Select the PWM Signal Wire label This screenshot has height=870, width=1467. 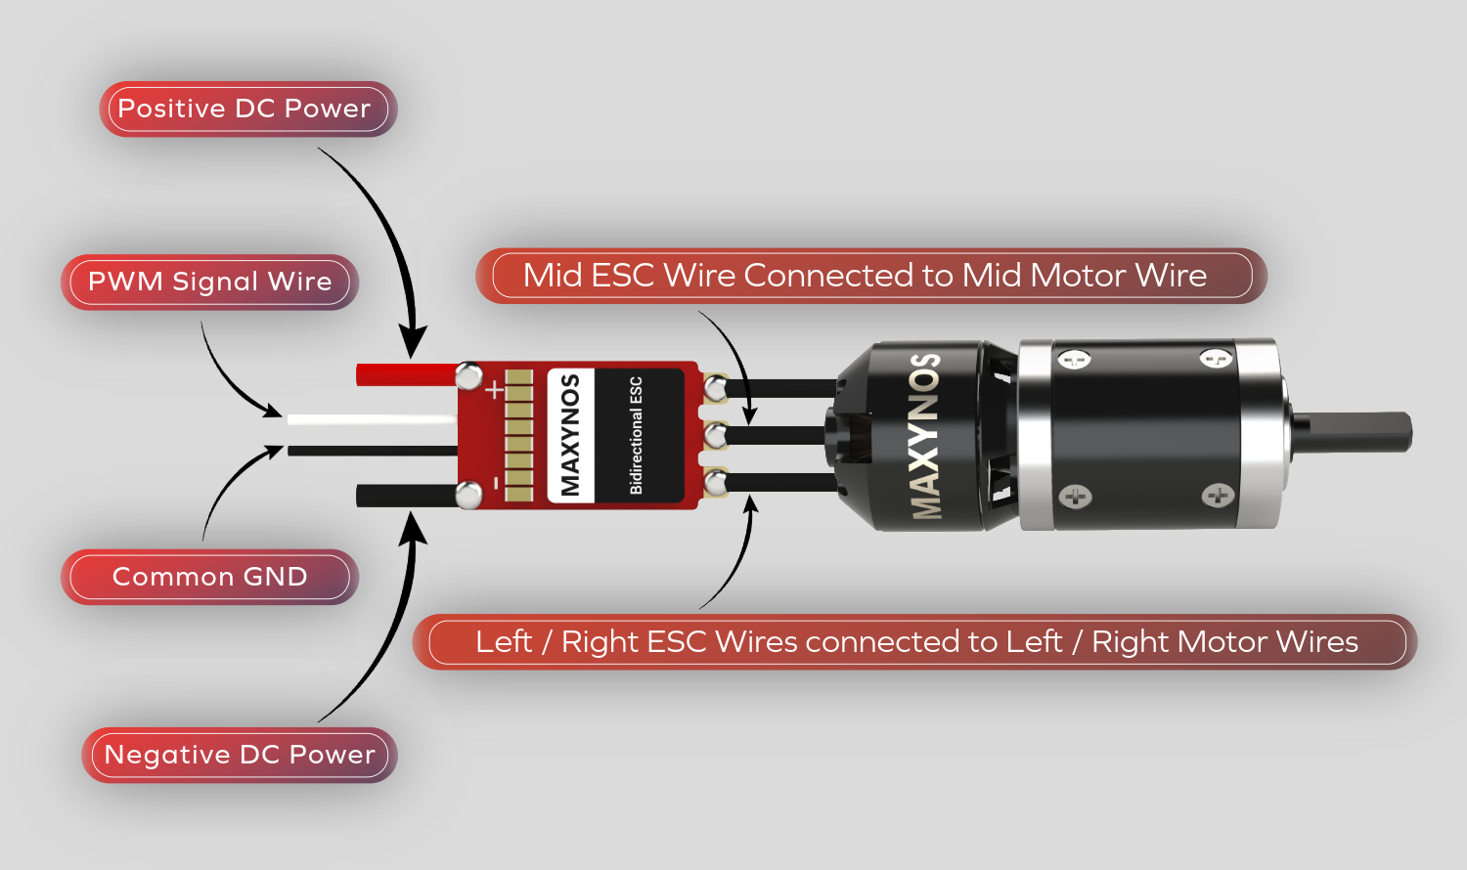209,282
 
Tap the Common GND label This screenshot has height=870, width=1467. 209,577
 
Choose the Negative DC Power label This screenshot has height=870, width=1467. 239,755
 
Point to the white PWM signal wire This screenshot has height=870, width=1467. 372,420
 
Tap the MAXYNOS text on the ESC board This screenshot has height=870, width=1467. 570,434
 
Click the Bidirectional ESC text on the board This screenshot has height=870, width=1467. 637,434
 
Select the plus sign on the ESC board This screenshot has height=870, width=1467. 495,390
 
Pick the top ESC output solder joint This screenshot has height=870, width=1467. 716,388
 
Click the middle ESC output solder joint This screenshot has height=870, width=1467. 716,435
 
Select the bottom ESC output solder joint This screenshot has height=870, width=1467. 716,481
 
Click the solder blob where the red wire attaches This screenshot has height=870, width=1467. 468,375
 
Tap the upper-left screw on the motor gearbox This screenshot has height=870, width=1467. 1074,360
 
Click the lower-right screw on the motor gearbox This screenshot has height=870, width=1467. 1218,496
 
